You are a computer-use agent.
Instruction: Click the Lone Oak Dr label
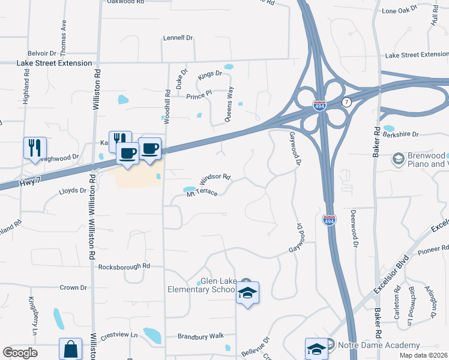tap(399, 11)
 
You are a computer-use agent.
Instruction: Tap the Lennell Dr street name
tap(178, 38)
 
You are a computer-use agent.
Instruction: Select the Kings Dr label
tap(209, 76)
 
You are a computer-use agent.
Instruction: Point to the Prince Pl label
tap(199, 95)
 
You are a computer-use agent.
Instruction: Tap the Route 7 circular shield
tap(346, 103)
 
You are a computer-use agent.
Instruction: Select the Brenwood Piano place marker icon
tap(398, 159)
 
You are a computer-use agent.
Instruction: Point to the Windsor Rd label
tap(215, 178)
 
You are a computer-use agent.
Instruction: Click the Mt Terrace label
tap(202, 193)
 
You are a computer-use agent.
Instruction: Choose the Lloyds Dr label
tap(73, 191)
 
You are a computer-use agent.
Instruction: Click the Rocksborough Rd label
tap(124, 266)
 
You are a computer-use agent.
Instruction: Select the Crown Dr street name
tap(73, 287)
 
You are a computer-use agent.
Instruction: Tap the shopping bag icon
tap(70, 349)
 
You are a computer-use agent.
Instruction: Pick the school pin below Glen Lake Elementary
tap(247, 293)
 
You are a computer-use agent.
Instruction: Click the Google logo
tap(20, 352)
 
